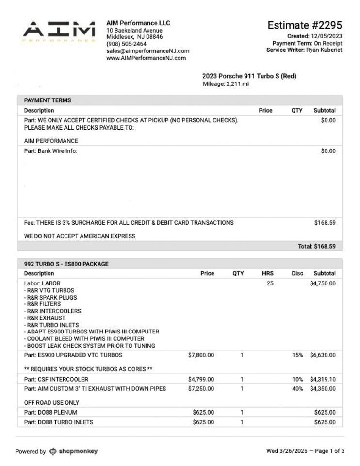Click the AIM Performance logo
click(59, 32)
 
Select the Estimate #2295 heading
click(304, 25)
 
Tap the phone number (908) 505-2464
click(126, 44)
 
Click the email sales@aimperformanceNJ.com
click(147, 51)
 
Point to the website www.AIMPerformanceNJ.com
click(146, 58)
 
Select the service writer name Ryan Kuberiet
click(324, 50)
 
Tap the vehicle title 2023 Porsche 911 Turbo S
click(249, 76)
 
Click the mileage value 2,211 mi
click(238, 84)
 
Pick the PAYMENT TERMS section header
click(48, 100)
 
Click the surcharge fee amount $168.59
click(325, 223)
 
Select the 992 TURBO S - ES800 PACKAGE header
click(66, 264)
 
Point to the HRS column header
click(267, 273)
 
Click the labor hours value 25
click(270, 283)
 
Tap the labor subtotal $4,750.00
click(322, 283)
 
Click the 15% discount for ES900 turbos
click(297, 355)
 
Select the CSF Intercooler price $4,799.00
click(201, 379)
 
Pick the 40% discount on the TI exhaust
click(297, 389)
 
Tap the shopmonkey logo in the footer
click(73, 451)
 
